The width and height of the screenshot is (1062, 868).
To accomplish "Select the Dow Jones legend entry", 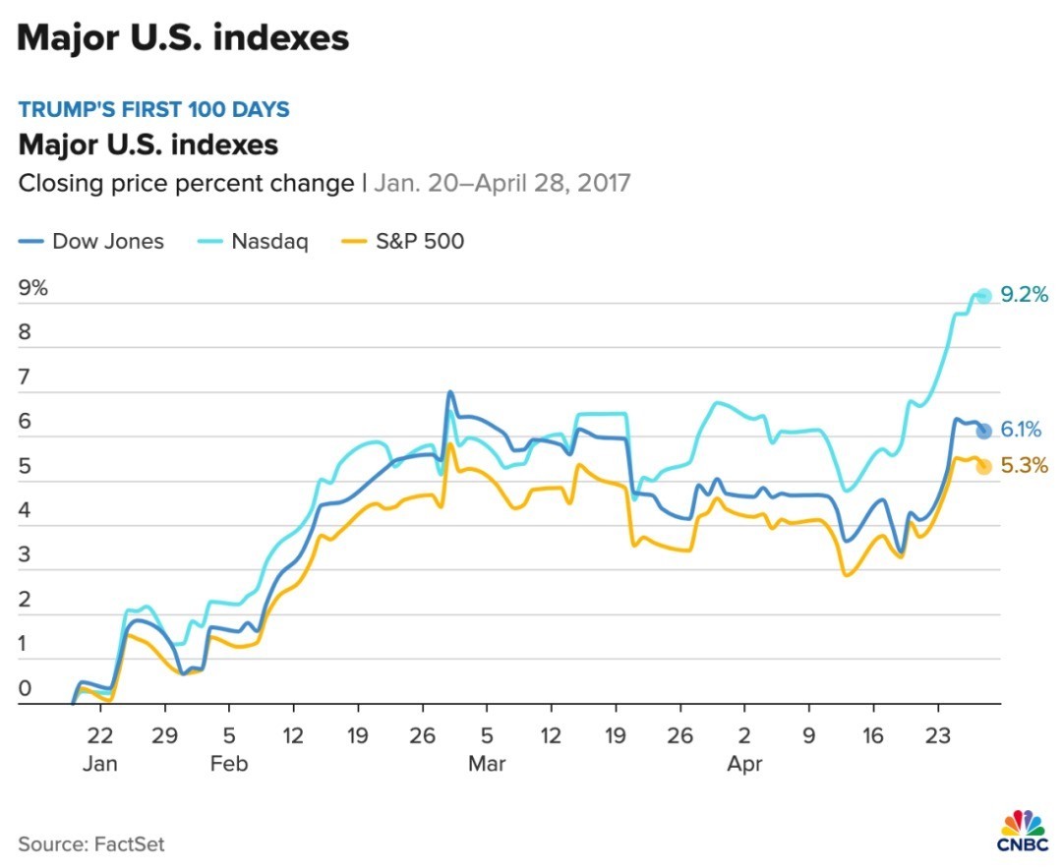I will point(94,241).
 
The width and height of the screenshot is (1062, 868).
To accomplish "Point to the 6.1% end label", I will point(1021,431).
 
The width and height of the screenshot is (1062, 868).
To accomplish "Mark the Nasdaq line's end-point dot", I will point(983,295).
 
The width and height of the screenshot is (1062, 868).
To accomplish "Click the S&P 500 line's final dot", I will point(983,466).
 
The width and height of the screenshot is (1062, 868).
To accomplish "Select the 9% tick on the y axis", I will point(33,289).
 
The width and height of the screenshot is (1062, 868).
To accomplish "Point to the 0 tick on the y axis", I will point(26,690).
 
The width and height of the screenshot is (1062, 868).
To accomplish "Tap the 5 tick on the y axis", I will point(26,467).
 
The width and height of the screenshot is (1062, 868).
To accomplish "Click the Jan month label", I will point(100,764).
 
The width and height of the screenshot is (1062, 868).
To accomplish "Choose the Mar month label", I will point(487,764).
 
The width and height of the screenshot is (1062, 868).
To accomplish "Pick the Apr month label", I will point(744,764).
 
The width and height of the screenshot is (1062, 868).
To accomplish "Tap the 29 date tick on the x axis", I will point(164,736).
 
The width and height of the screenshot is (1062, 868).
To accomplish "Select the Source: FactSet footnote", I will point(90,843).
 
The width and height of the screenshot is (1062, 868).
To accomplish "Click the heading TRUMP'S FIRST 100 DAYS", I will point(153,109).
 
